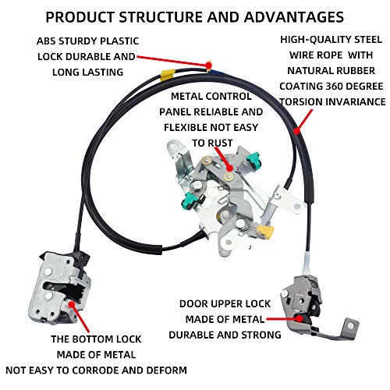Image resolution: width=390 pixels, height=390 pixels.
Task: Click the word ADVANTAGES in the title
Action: (x=294, y=17)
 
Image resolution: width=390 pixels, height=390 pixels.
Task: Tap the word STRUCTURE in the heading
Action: (x=163, y=17)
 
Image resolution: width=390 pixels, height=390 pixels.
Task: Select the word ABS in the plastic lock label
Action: (x=45, y=41)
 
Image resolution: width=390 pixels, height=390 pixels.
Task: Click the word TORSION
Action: (x=300, y=101)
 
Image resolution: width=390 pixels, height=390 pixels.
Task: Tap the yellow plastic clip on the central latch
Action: (x=266, y=232)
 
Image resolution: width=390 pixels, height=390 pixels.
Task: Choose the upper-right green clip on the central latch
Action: (x=253, y=160)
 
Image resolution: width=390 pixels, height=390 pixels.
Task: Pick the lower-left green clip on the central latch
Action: (x=190, y=200)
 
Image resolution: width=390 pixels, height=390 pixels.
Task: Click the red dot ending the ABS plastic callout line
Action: (x=208, y=64)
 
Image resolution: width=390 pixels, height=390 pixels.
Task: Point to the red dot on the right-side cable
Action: (x=297, y=130)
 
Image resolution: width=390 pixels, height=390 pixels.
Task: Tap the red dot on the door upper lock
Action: (x=300, y=318)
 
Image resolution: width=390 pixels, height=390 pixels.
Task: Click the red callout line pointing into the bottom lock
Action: (x=80, y=317)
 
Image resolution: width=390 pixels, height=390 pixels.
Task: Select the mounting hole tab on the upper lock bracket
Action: (x=351, y=327)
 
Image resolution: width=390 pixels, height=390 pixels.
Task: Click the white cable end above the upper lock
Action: (x=308, y=264)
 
